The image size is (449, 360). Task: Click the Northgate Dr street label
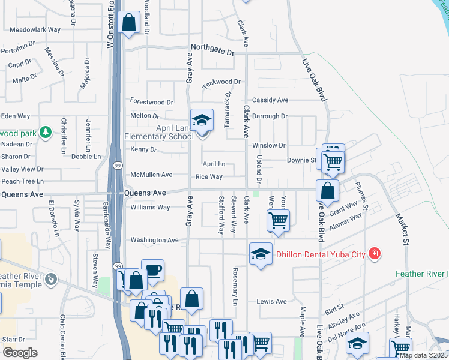[x=212, y=52]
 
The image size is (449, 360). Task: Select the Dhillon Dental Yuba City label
[x=321, y=254]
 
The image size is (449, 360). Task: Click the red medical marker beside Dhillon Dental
[x=375, y=254]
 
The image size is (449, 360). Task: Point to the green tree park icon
[x=45, y=131]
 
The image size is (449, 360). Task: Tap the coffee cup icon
[x=152, y=271]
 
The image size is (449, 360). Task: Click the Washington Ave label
[x=155, y=240]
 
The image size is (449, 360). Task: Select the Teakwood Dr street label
[x=221, y=82]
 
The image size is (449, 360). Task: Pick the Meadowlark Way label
[x=35, y=29]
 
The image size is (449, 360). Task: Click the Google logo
[x=20, y=353]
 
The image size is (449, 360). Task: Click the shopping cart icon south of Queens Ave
[x=278, y=220]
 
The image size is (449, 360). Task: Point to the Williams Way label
[x=150, y=208]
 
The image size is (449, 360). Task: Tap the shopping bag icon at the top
[x=128, y=23]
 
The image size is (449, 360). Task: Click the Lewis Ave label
[x=272, y=301]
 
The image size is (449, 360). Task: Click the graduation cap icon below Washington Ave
[x=261, y=254]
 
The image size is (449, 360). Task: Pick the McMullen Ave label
[x=152, y=175]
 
